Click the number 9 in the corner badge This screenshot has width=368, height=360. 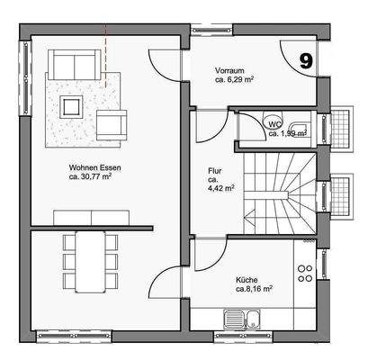(306, 60)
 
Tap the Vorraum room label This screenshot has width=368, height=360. (230, 69)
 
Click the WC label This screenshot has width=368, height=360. (275, 124)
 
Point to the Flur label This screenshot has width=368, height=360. (216, 168)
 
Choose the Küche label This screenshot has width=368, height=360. (248, 280)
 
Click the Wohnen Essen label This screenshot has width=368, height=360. (94, 168)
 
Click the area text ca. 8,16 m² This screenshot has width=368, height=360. (255, 290)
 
